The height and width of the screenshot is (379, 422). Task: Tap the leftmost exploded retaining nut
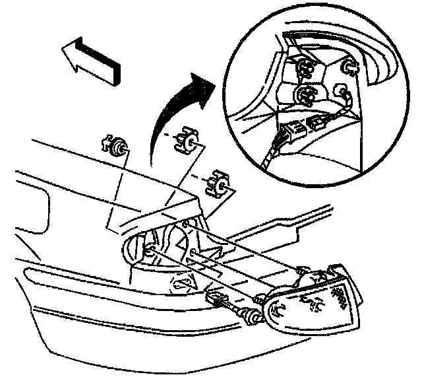pyautogui.click(x=117, y=147)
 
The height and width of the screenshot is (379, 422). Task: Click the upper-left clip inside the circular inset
pyautogui.click(x=303, y=67)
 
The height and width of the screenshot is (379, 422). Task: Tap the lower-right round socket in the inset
pyautogui.click(x=342, y=92)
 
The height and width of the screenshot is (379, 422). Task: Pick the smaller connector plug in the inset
pyautogui.click(x=316, y=123)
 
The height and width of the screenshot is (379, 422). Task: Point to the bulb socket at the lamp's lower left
pyautogui.click(x=253, y=318)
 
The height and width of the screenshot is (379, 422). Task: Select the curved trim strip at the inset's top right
pyautogui.click(x=376, y=63)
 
